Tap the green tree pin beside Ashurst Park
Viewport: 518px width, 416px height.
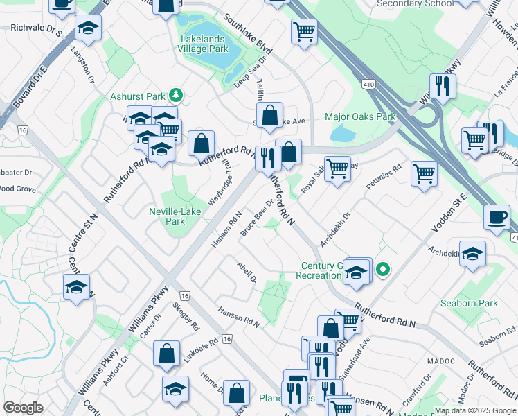[177, 94]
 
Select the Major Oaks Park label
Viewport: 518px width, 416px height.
[360, 116]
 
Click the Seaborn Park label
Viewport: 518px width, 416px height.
[469, 304]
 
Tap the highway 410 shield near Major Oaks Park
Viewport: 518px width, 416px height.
[367, 84]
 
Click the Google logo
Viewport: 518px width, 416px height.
[24, 408]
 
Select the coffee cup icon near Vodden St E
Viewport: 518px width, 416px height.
[497, 216]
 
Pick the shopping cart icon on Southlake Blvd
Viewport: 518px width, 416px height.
[304, 31]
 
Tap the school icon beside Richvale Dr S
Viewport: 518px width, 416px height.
[88, 28]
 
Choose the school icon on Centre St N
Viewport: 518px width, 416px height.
[76, 286]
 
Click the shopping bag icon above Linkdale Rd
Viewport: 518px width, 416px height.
[167, 354]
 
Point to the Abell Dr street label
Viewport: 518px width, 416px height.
[247, 272]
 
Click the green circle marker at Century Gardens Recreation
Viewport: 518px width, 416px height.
[382, 269]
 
